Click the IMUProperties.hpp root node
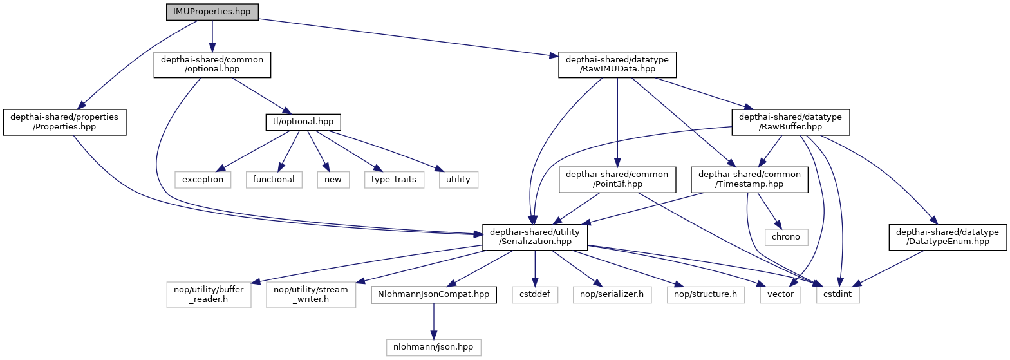coord(212,12)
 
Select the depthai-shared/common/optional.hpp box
coord(212,64)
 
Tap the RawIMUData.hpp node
coord(617,64)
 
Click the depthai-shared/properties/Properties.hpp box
coord(64,122)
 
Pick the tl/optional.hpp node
coord(303,122)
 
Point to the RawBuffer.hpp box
coord(790,122)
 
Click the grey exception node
coord(203,180)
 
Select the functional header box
coord(274,180)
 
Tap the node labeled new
coord(333,180)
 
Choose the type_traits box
coord(394,180)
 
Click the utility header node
coord(458,180)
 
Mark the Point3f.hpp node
coord(617,179)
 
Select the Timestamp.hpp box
coord(749,179)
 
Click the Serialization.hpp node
coord(535,237)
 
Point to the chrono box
coord(786,237)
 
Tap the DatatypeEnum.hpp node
coord(947,237)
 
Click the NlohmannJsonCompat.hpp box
coord(434,294)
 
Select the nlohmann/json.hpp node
coord(433,347)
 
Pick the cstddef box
coord(535,294)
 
